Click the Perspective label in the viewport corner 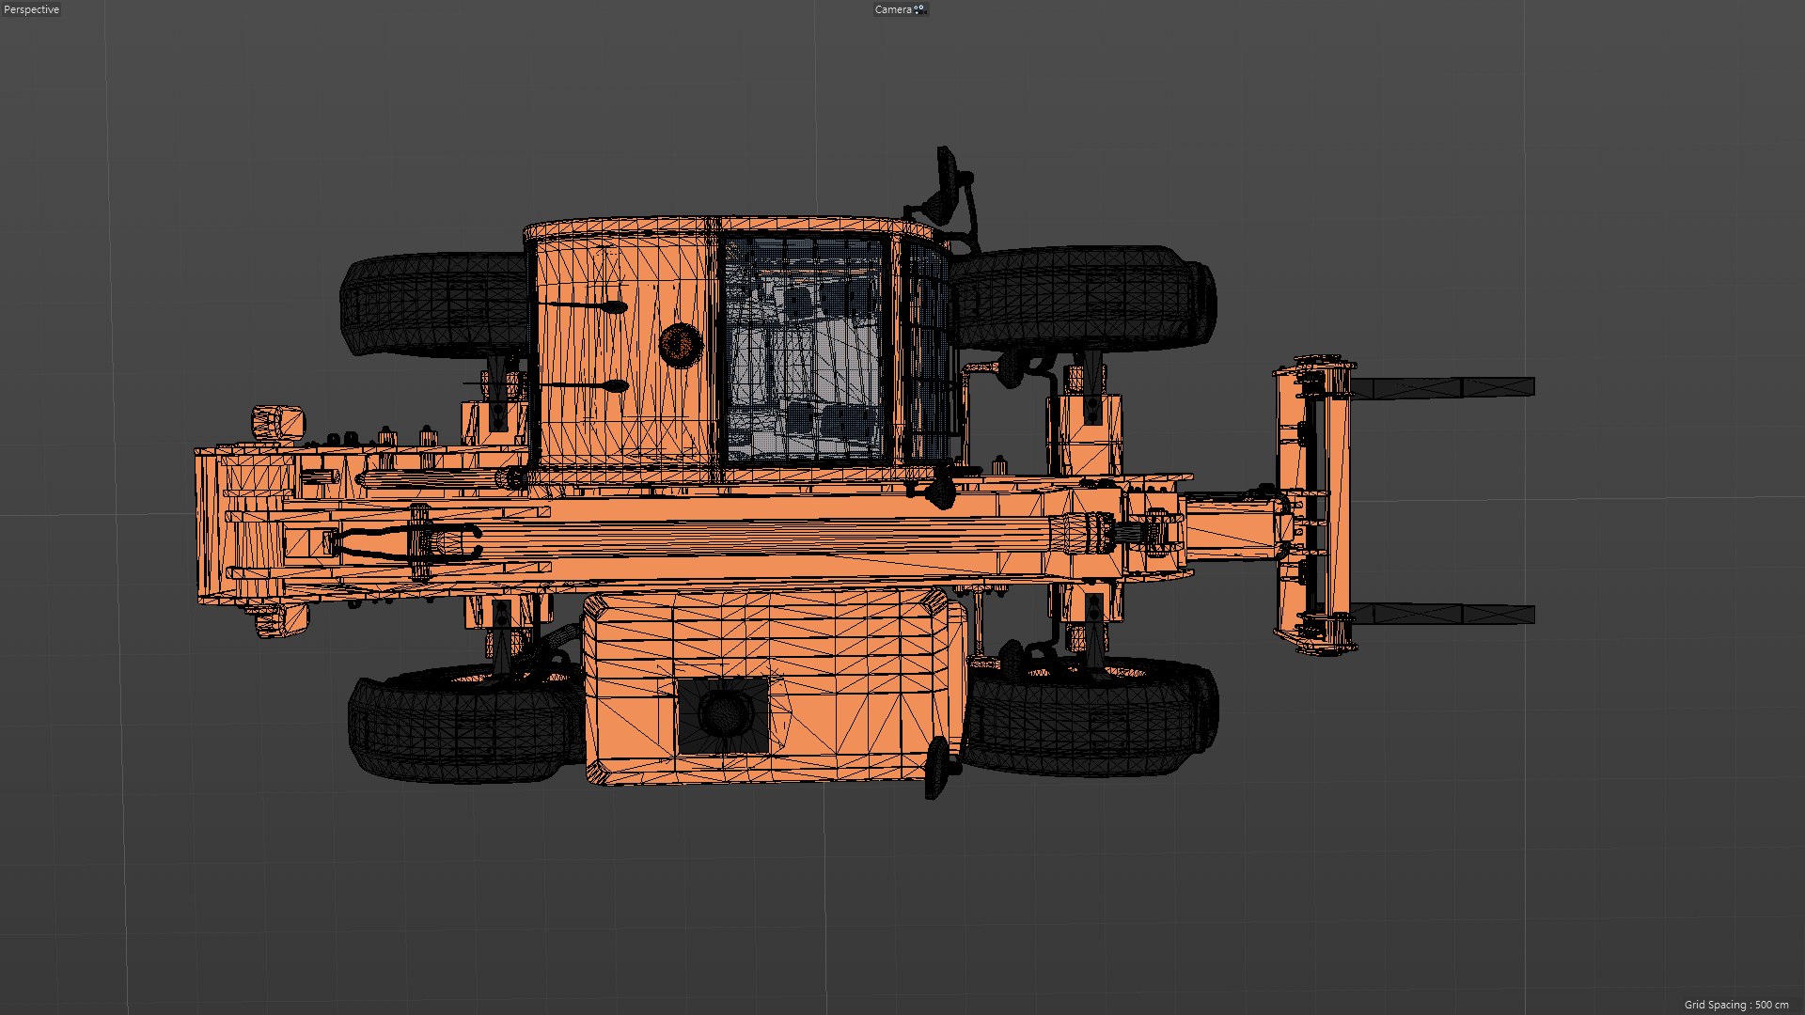(x=32, y=9)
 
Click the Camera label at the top (x=893, y=9)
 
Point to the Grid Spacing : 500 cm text (x=1735, y=1005)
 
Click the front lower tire (x=1091, y=719)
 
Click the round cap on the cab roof (x=680, y=344)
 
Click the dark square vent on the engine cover (x=723, y=715)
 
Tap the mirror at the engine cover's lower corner (x=938, y=766)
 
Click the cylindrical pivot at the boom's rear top (x=276, y=422)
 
